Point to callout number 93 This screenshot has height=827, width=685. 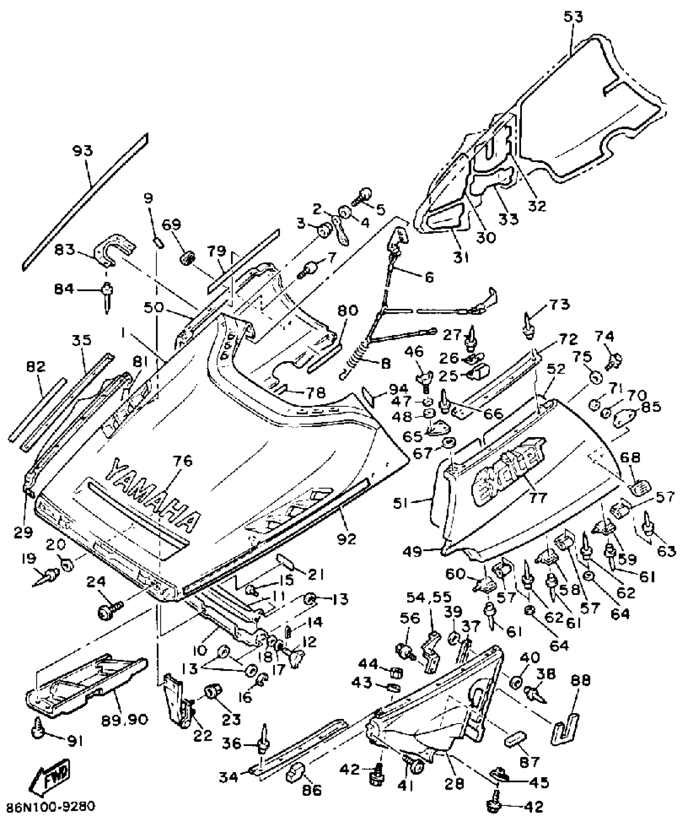pyautogui.click(x=83, y=151)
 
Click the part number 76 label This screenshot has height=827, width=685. pyautogui.click(x=183, y=461)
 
